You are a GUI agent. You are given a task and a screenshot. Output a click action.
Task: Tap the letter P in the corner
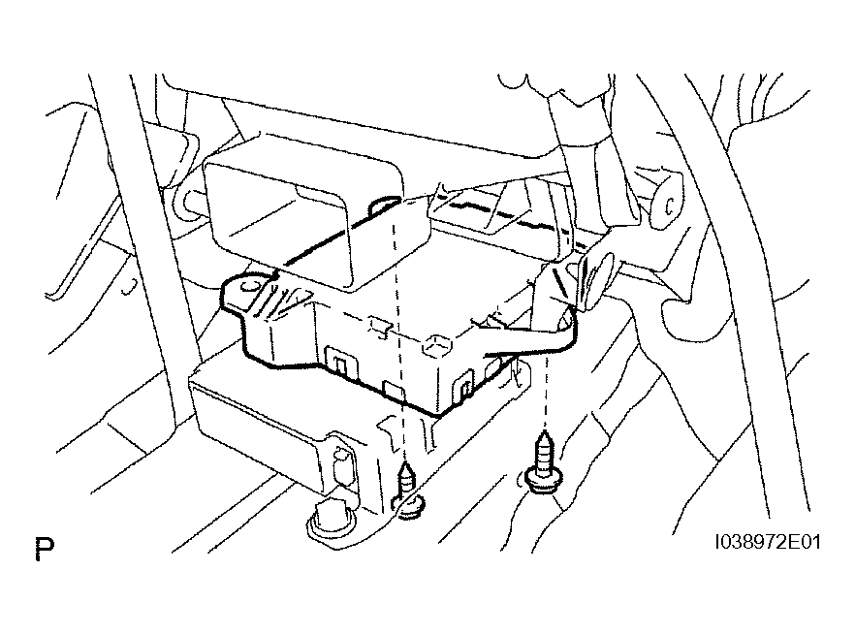point(45,552)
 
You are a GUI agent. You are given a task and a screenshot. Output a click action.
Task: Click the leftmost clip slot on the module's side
point(339,363)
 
